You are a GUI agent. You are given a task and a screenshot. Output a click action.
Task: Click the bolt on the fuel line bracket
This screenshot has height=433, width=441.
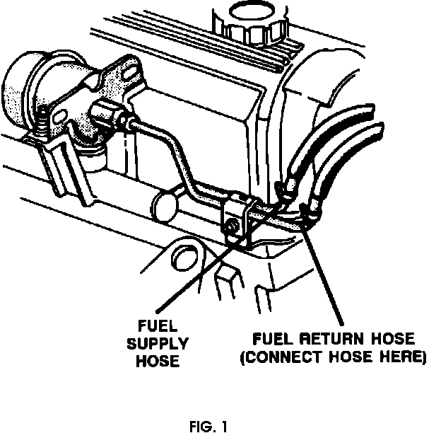(x=231, y=226)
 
